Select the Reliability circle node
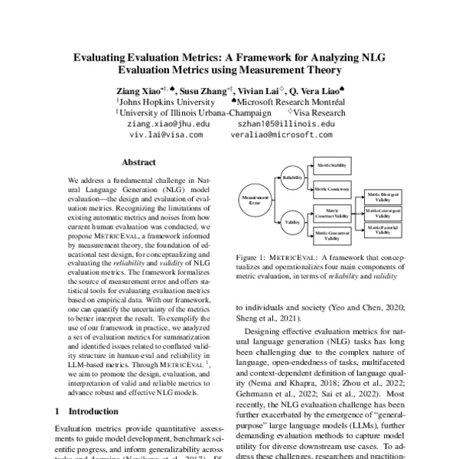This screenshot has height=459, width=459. coord(291,177)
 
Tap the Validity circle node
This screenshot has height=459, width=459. coord(291,222)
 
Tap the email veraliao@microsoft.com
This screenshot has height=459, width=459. coord(282,133)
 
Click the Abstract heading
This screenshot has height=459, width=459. coord(138,162)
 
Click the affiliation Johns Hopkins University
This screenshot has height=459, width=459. coord(157,101)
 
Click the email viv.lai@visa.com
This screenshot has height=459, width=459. coord(166,133)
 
